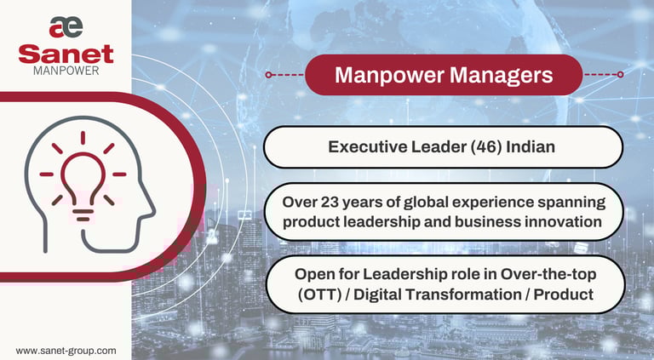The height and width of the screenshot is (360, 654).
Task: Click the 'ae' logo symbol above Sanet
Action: point(66,27)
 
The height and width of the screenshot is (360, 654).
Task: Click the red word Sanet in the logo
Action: point(66,54)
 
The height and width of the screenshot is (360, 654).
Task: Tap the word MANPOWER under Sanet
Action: point(66,71)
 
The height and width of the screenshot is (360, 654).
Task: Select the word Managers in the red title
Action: point(501,76)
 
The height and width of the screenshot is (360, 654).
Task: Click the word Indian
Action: point(531,146)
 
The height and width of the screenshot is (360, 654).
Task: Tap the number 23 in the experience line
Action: point(330,202)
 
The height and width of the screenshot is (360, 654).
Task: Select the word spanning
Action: point(571,203)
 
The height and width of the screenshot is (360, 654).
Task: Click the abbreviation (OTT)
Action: point(320,294)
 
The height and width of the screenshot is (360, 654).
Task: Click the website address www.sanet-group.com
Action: point(66,351)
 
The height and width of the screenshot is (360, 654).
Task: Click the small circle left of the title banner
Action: point(268,75)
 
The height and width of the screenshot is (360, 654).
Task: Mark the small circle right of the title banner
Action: point(620,75)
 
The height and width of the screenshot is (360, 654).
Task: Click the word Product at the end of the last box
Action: point(564,294)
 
